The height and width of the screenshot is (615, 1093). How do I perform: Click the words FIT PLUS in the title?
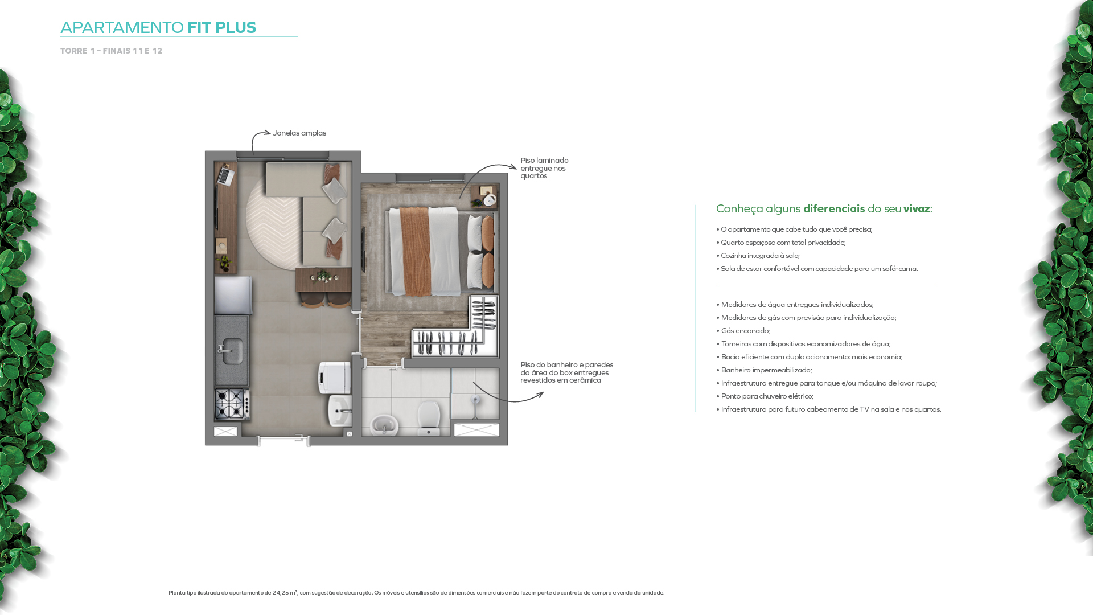pos(221,27)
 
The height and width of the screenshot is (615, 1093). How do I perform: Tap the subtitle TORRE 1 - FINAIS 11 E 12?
pos(111,51)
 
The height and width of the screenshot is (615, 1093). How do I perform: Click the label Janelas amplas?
pos(299,133)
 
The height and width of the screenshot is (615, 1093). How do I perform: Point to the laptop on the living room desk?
pos(225,175)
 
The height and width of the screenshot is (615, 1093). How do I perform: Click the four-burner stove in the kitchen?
pos(232,403)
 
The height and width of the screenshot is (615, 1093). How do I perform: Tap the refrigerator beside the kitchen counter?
pos(233,295)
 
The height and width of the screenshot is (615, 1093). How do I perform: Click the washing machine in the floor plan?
pos(334,378)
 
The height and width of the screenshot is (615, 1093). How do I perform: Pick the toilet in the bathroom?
pos(428,419)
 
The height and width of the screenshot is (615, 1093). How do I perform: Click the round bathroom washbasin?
pos(384,425)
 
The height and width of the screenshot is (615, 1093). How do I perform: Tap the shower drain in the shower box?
pos(475,400)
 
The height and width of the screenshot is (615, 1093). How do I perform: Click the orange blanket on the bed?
pos(414,251)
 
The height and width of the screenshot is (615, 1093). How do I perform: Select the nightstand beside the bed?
pos(484,197)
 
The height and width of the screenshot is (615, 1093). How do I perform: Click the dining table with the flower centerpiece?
pos(323,279)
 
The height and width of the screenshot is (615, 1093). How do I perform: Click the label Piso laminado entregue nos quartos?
pos(544,168)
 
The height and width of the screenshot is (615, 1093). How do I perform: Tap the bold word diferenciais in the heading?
pos(834,209)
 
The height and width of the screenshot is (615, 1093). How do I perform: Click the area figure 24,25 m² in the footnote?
pos(285,593)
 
